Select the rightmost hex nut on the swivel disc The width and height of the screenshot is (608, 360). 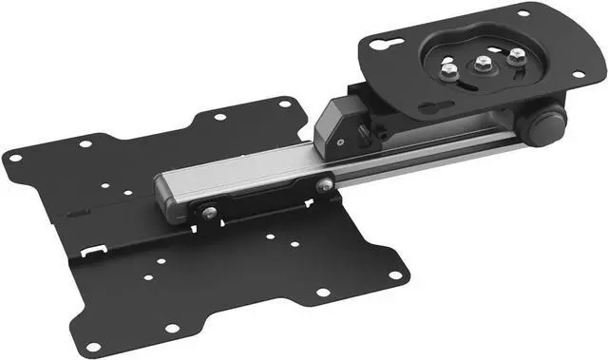tap(516, 57)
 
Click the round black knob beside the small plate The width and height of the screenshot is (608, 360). tap(549, 122)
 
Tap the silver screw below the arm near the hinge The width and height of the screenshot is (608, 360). tap(324, 185)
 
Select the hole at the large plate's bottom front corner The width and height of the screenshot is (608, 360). tap(173, 329)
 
